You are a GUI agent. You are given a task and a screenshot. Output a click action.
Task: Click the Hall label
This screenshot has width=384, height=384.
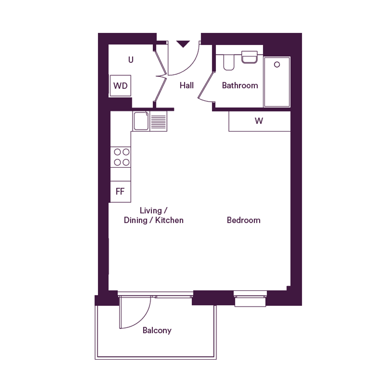point(187,85)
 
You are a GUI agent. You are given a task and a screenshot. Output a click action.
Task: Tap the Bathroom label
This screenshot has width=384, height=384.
point(240,85)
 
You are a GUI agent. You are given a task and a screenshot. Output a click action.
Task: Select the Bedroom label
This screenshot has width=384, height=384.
point(244,220)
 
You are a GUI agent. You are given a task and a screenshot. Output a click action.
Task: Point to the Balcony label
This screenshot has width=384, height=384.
point(157,331)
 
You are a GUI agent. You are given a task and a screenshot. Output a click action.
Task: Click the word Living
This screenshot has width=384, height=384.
point(151,211)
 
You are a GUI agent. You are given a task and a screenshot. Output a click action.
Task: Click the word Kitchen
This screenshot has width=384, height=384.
point(169,220)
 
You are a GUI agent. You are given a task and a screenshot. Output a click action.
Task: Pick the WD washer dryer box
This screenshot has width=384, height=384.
point(121,85)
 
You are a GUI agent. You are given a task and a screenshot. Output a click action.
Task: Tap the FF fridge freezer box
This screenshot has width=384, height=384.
point(121,191)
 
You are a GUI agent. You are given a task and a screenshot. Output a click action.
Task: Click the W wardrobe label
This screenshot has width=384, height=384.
point(259,121)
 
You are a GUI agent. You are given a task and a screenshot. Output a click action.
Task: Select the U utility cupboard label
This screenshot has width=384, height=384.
point(131,60)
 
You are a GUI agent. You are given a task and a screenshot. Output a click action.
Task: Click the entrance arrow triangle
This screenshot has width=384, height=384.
point(183,44)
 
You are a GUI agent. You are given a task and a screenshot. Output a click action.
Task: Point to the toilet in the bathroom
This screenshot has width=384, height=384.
point(229,62)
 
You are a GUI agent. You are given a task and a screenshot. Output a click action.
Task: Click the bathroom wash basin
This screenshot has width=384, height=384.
point(249,57)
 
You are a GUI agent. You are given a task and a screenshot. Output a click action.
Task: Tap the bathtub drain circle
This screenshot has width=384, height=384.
point(277,65)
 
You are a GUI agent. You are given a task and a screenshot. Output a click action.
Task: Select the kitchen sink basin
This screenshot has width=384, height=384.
point(141,121)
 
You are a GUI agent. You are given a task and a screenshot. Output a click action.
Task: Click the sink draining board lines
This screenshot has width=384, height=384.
point(158,122)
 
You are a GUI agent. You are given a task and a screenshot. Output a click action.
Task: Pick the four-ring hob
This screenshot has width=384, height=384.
point(122,157)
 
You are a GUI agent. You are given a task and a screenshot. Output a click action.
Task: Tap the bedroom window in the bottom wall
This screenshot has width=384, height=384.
point(250,299)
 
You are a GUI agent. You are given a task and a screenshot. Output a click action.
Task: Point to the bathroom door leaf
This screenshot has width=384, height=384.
point(206,85)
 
